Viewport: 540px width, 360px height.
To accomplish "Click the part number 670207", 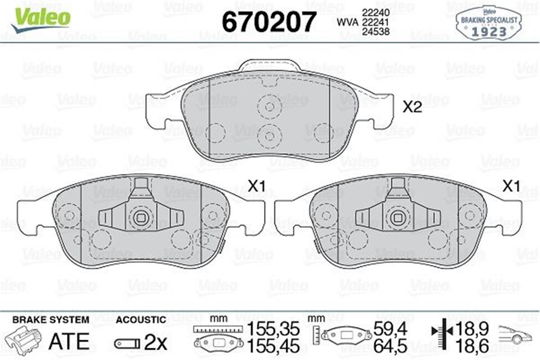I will [x=269, y=21].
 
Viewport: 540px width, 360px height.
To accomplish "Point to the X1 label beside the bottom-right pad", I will [x=511, y=186].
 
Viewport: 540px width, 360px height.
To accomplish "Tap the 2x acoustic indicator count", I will [x=155, y=343].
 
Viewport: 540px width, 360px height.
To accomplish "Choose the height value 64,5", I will [x=391, y=346].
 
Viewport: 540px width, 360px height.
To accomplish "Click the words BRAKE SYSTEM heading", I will [x=50, y=319].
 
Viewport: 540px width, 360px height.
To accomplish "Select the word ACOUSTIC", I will [x=141, y=319].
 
